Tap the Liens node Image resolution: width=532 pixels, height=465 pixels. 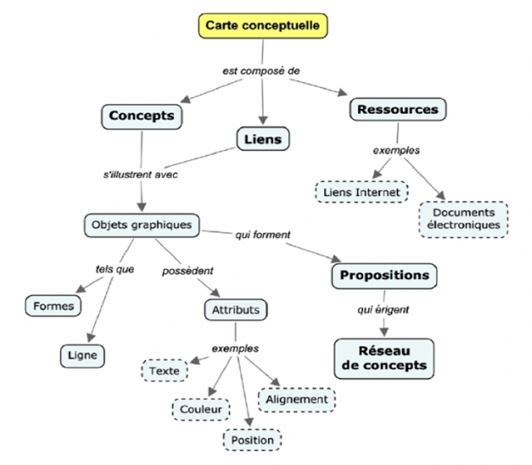(262, 139)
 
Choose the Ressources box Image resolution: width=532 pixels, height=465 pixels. (398, 109)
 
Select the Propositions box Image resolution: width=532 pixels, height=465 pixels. (384, 275)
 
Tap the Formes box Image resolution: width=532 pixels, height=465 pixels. (54, 306)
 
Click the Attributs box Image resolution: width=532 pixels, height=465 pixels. (236, 310)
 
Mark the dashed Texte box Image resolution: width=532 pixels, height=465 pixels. (165, 371)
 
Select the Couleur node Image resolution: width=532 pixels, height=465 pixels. (201, 410)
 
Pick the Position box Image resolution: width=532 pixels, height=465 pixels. (253, 440)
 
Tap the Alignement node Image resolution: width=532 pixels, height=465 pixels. (296, 399)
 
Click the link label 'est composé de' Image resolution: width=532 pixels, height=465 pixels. (262, 71)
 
